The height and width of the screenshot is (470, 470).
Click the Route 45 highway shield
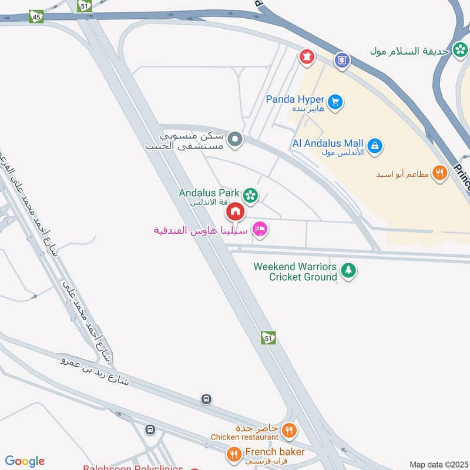36,17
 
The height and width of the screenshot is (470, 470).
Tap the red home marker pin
236,210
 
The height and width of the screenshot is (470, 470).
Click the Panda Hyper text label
295,99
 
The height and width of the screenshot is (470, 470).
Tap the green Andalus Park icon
251,195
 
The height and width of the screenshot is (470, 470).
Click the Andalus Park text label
209,193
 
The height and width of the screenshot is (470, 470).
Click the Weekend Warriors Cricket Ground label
295,271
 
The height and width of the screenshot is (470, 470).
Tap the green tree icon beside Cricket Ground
348,271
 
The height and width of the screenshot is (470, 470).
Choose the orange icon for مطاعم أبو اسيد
439,173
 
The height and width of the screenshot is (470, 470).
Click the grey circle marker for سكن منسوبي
236,139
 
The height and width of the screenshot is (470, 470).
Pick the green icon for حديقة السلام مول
458,51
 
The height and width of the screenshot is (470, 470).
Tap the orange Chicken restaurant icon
288,431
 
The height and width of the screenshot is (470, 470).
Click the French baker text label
275,452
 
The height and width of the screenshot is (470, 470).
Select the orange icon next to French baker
234,454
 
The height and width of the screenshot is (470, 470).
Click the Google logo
24,461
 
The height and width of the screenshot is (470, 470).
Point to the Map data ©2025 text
438,464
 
